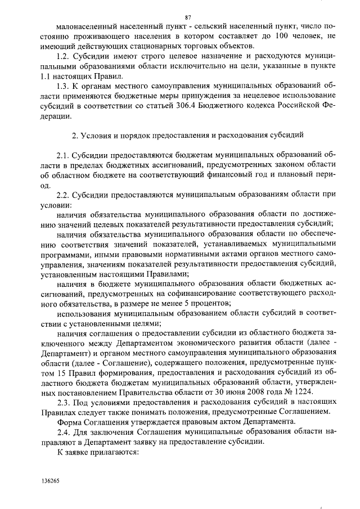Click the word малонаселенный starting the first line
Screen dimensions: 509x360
(x=86, y=26)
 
